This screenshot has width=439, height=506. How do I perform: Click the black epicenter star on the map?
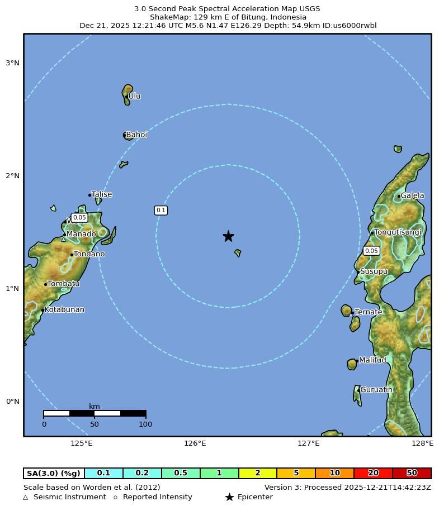228,236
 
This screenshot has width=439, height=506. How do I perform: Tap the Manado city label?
81,234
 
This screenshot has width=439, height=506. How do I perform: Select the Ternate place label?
369,312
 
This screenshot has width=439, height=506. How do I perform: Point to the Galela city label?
412,195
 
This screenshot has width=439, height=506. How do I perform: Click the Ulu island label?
134,96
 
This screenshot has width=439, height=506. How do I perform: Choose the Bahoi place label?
136,135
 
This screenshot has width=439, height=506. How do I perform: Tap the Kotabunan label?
64,309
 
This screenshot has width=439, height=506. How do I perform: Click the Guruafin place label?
376,390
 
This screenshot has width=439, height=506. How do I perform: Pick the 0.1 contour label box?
161,211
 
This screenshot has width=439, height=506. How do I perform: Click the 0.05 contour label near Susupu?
371,251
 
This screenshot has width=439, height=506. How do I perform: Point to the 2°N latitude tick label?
12,176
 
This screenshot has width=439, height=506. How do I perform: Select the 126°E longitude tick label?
195,443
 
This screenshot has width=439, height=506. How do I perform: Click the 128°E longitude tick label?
422,443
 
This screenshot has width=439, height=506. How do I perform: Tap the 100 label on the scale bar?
145,424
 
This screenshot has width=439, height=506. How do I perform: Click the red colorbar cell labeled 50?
412,473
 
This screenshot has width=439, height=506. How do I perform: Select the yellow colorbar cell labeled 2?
257,473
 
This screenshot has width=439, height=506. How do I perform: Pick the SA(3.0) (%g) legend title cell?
54,473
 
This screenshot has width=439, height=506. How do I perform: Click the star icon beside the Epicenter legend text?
229,497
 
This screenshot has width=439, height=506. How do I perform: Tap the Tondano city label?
89,254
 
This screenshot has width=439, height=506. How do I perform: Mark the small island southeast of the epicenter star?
238,253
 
